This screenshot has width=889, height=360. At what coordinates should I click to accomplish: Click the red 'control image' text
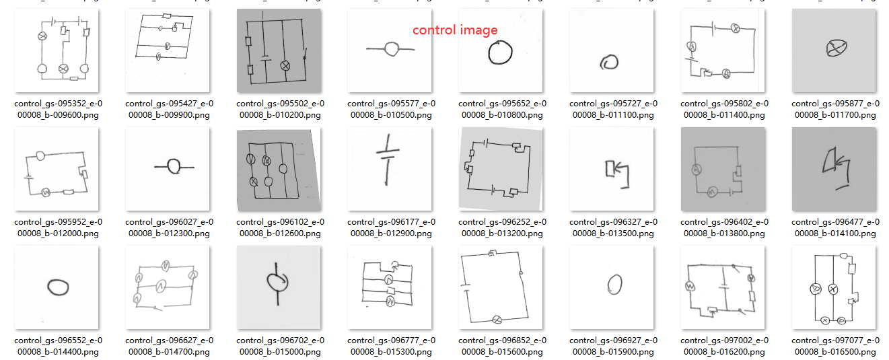[455, 30]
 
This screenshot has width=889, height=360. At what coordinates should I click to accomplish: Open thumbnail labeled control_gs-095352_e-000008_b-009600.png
[59, 51]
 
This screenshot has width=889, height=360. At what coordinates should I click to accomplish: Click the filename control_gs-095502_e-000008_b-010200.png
[280, 109]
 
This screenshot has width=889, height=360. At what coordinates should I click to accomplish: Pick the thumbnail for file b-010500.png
[390, 51]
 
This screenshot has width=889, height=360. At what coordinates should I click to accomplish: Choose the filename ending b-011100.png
[613, 109]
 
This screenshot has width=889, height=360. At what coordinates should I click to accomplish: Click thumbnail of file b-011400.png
[723, 51]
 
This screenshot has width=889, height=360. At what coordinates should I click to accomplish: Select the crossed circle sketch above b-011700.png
[835, 48]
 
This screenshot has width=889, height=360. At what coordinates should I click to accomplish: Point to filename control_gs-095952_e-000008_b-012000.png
[59, 227]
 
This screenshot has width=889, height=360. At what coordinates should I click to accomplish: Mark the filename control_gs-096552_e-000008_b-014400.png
[59, 346]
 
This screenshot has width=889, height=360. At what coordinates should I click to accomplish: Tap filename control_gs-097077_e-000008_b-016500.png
[835, 346]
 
